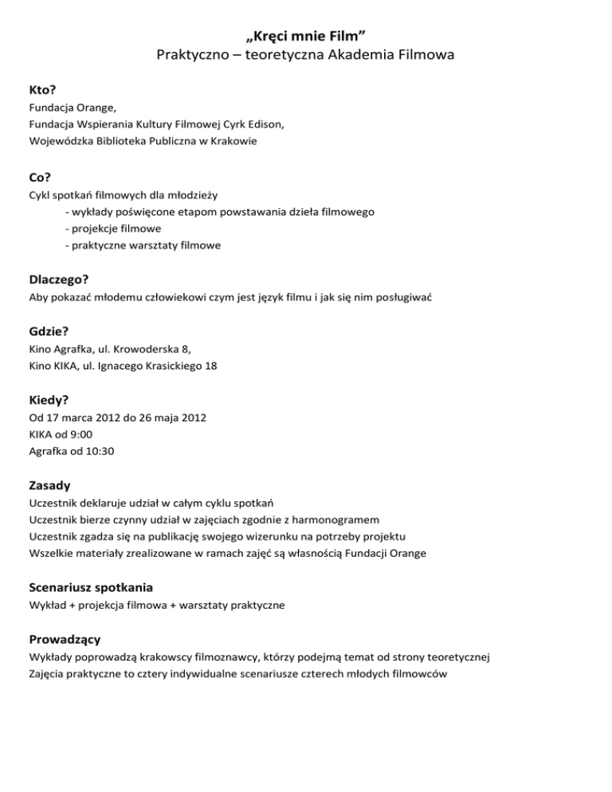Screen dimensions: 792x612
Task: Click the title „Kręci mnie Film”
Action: coord(307,34)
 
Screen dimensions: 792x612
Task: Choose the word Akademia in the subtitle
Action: coord(371,55)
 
